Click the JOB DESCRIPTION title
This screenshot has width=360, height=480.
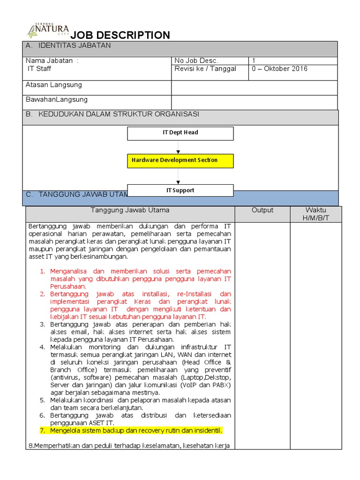(x=120, y=35)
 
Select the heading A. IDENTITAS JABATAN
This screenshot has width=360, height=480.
(x=68, y=45)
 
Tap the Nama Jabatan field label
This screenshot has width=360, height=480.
(x=52, y=60)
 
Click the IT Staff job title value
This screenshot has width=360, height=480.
(x=39, y=69)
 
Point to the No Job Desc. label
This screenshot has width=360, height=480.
(x=196, y=60)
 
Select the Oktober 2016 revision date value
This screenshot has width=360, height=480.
(x=280, y=69)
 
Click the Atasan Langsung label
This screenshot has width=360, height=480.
(x=54, y=85)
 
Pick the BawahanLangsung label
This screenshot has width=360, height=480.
(x=57, y=100)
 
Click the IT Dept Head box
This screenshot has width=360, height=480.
(x=180, y=133)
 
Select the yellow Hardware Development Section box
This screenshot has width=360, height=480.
(x=180, y=160)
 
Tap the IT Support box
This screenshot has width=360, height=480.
(x=180, y=190)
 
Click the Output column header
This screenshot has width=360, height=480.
(x=262, y=210)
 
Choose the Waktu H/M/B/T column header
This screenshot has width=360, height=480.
(x=315, y=214)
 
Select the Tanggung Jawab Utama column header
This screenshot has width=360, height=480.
(x=130, y=210)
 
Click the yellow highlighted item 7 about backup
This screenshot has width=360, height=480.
(x=131, y=430)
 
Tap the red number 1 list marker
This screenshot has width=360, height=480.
(x=42, y=271)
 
